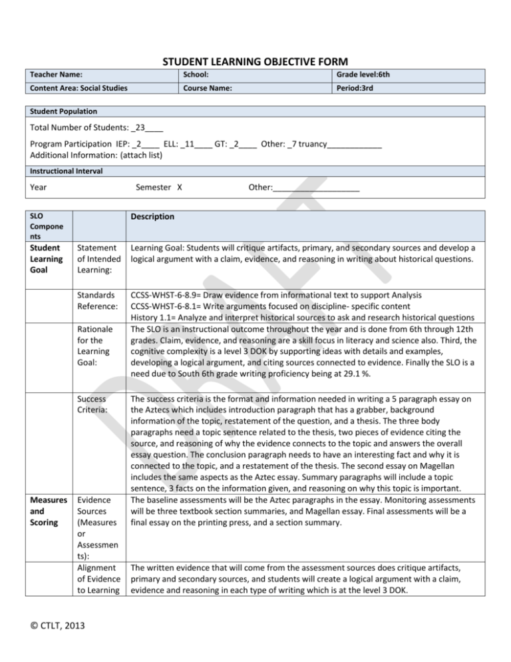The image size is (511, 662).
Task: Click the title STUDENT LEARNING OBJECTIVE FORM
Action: [255, 62]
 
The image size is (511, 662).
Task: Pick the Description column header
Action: [152, 217]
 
